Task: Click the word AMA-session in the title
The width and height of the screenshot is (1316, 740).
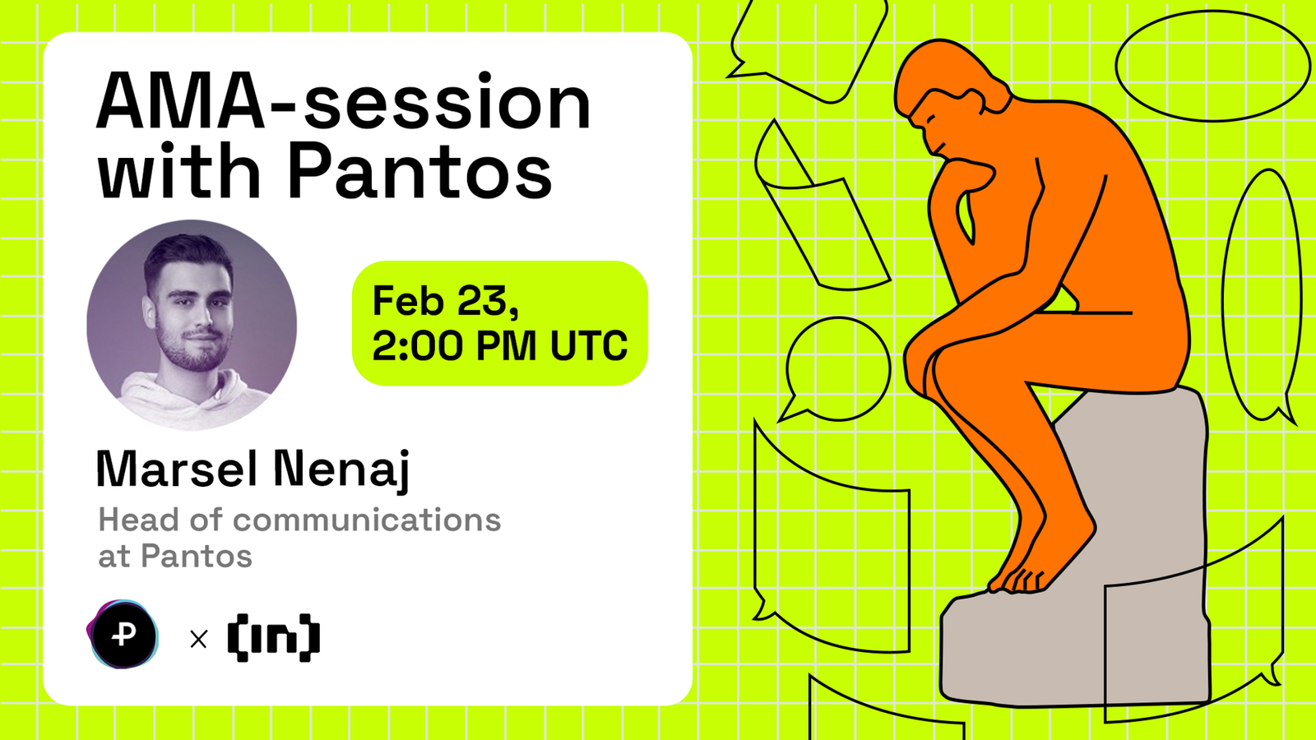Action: [344, 102]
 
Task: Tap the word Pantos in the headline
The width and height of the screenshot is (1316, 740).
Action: [419, 169]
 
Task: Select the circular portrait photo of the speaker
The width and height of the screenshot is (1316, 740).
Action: [192, 325]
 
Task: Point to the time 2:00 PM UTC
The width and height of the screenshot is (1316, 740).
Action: [500, 346]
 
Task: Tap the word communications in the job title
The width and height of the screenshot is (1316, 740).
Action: [367, 520]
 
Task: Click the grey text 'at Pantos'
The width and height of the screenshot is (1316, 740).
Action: [175, 556]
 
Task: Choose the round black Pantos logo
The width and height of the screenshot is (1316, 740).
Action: [123, 635]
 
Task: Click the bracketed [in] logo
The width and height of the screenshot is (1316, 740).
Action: [274, 638]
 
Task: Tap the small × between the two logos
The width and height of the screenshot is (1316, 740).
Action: [199, 639]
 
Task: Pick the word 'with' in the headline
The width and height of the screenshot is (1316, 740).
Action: [178, 169]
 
